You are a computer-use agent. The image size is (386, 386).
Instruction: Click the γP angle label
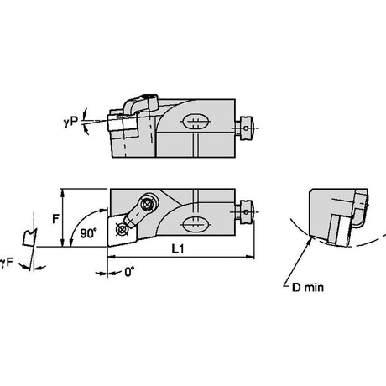pos(70,121)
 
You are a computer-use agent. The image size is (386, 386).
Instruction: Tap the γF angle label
pos(7,263)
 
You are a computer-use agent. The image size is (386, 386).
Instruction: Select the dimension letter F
pos(56,218)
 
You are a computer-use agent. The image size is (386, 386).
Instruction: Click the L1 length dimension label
pos(178,248)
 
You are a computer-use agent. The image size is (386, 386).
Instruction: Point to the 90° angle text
pos(89,233)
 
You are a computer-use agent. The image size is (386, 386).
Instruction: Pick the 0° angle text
pos(129,272)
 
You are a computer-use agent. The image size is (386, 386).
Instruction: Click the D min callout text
pos(308,287)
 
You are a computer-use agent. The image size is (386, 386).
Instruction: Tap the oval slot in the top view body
pos(196,122)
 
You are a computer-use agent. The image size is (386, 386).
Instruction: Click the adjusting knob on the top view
pos(245,128)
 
